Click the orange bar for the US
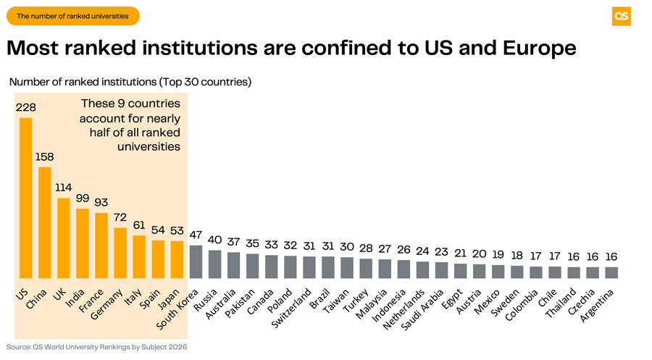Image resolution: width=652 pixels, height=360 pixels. (25, 198)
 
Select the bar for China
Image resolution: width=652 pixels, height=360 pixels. (44, 222)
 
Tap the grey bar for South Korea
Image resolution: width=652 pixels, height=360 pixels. (196, 261)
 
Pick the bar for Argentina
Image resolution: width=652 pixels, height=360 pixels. (611, 273)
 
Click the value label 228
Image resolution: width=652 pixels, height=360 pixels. (26, 106)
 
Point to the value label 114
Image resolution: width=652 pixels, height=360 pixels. (64, 187)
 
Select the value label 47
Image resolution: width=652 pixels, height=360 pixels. (196, 235)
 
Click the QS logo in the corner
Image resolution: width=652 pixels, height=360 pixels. (621, 16)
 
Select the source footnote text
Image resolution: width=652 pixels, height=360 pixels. (96, 347)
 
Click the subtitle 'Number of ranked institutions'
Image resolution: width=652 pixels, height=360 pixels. (130, 82)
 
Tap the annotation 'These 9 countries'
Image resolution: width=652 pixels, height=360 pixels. (130, 104)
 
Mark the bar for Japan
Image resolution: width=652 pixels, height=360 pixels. (177, 260)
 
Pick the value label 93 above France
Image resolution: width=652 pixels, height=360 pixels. (101, 202)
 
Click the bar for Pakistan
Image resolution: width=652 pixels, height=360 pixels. (252, 266)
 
